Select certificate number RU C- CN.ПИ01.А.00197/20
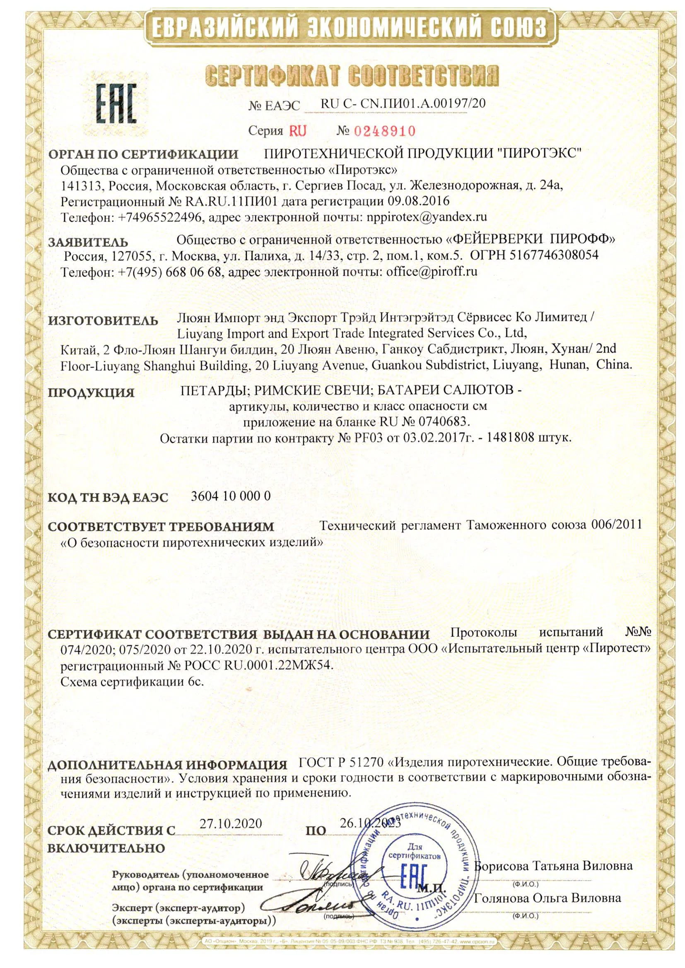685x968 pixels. [x=403, y=104]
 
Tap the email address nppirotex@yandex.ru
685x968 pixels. [x=427, y=217]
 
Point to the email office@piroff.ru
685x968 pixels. [x=432, y=272]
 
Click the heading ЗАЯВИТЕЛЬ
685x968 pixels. [x=88, y=243]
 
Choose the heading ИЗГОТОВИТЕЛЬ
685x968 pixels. [x=103, y=321]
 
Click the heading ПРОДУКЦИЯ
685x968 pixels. [x=91, y=392]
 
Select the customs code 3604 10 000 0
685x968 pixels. [x=230, y=496]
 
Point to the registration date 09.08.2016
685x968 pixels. [x=418, y=201]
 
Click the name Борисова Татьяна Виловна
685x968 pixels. [x=553, y=867]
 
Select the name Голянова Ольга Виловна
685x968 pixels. [x=548, y=898]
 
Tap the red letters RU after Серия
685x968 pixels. [x=297, y=131]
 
